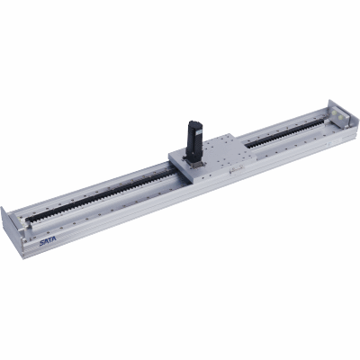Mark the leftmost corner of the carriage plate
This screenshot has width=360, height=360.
[x=168, y=159]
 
